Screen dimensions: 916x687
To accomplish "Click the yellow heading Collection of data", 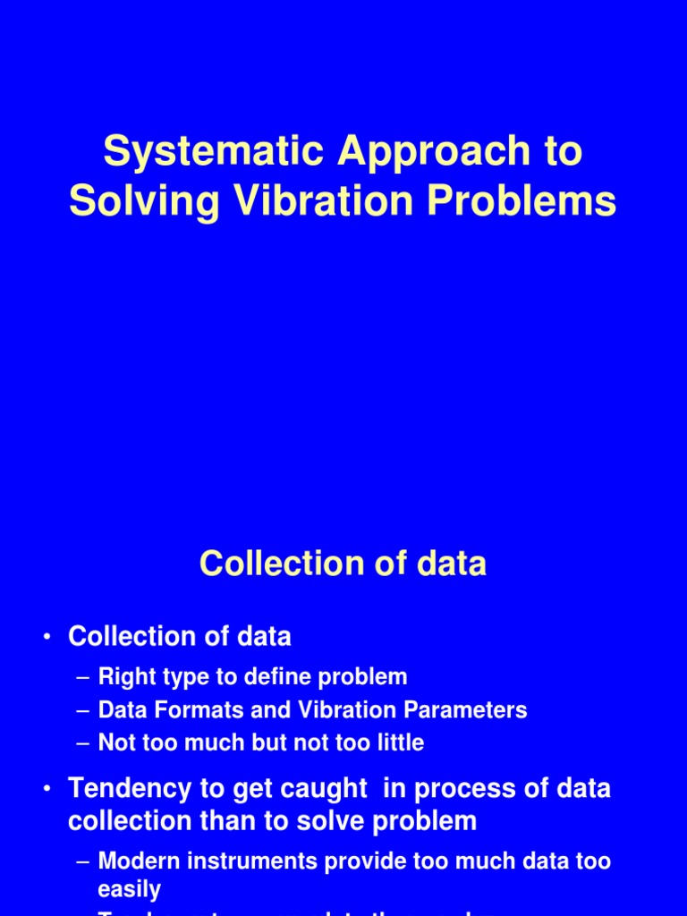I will [343, 564].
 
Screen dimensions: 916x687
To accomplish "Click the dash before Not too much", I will [83, 743].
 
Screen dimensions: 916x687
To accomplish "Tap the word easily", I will [129, 889].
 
